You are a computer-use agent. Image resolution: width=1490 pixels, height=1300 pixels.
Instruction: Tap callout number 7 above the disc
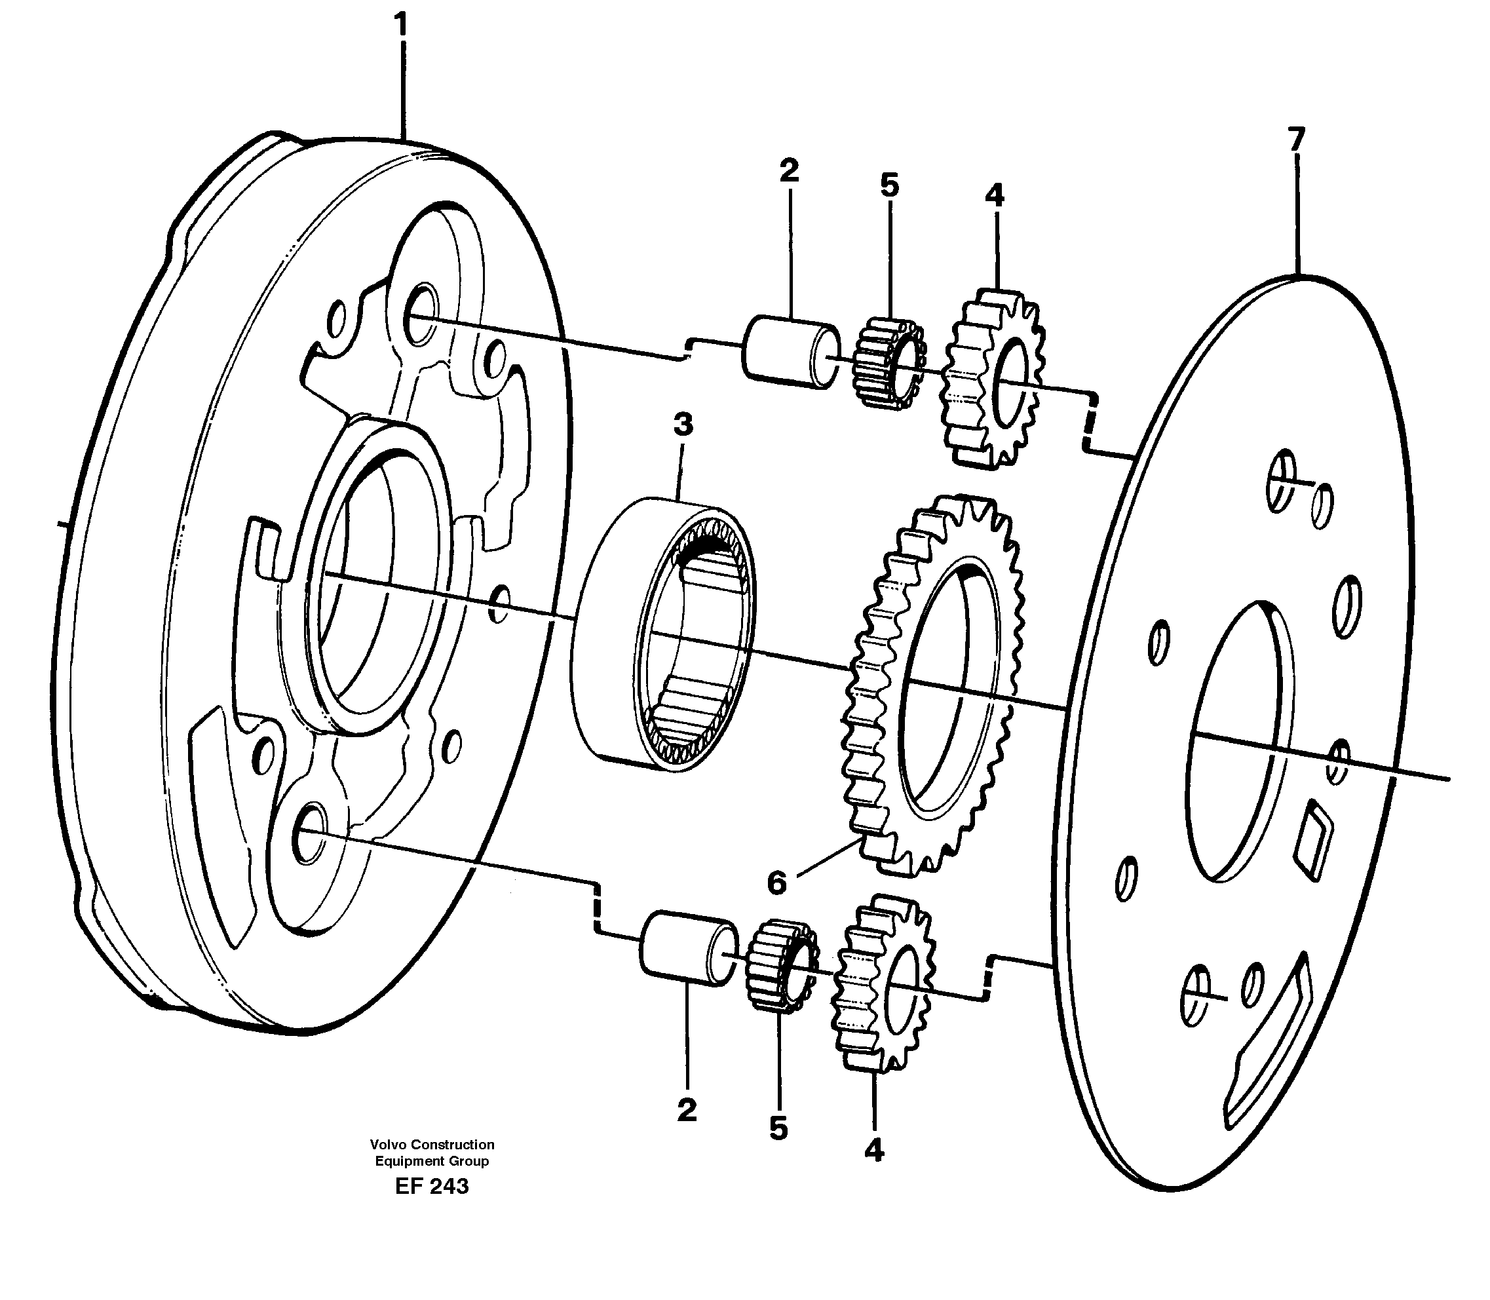click(1295, 138)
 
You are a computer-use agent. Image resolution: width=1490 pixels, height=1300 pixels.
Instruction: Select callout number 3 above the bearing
click(683, 425)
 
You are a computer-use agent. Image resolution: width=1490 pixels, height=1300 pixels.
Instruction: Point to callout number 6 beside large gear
click(776, 883)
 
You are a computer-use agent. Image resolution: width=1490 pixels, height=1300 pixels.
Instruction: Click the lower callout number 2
click(686, 1109)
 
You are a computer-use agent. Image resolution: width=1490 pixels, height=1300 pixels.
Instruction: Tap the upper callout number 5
click(889, 185)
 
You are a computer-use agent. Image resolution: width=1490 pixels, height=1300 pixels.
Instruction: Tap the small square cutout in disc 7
click(1314, 840)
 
